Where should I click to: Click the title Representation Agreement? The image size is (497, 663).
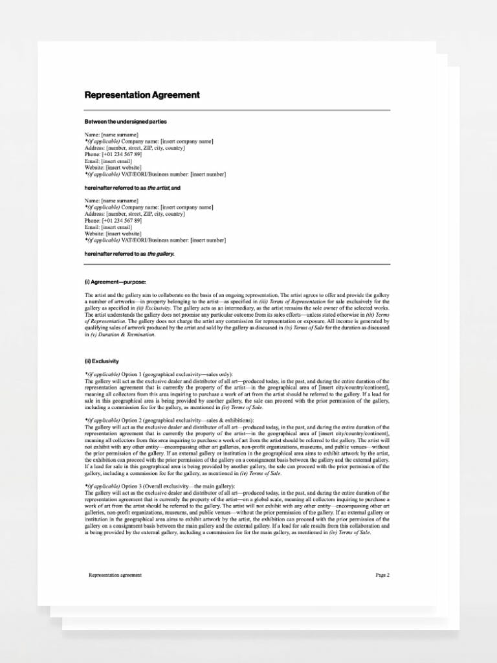(142, 95)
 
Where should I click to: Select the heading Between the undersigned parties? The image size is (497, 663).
(126, 121)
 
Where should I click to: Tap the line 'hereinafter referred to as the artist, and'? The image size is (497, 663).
(133, 187)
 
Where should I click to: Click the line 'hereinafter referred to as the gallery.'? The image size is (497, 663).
(129, 253)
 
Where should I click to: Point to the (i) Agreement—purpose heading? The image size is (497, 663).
(116, 282)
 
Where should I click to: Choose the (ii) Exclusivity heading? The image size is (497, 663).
(102, 361)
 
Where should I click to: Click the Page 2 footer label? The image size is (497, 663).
(382, 574)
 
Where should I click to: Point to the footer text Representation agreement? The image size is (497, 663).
(115, 574)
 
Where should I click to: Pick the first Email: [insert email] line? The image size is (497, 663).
(109, 161)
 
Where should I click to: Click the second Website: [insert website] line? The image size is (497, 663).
(114, 234)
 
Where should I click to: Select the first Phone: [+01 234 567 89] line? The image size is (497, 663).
(113, 154)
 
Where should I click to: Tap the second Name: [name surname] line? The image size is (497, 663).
(111, 201)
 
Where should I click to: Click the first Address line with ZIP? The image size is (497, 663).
(135, 148)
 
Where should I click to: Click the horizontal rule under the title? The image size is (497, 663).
(237, 110)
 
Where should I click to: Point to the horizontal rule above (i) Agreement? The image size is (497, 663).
(237, 264)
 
